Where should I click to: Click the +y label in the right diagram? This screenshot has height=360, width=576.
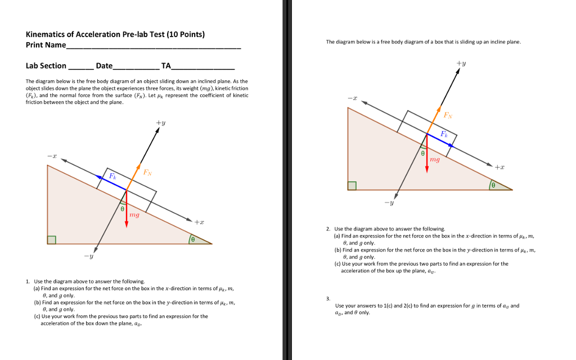(x=461, y=64)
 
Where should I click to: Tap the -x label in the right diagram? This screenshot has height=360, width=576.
(x=352, y=98)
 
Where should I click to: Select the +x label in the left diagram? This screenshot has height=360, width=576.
(x=199, y=222)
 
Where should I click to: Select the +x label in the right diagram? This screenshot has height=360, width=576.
(x=499, y=168)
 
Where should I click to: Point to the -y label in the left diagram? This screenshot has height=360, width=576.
(x=88, y=257)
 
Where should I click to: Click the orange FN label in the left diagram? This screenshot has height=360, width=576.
(x=147, y=172)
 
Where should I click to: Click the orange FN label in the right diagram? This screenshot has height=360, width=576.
(x=448, y=116)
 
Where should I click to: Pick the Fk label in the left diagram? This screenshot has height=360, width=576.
(x=112, y=176)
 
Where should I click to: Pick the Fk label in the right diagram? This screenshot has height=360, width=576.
(x=444, y=134)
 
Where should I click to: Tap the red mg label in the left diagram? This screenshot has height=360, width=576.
(x=134, y=215)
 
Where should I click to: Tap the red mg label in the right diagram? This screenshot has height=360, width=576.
(x=435, y=161)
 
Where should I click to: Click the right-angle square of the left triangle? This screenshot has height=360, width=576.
(x=52, y=240)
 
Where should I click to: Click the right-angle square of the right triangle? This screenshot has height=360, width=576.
(x=352, y=186)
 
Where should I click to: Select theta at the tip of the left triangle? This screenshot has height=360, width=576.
(x=192, y=240)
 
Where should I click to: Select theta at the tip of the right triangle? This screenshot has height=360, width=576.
(x=493, y=185)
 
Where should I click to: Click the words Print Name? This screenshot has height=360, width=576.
(x=46, y=45)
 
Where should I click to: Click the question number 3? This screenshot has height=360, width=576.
(x=328, y=299)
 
